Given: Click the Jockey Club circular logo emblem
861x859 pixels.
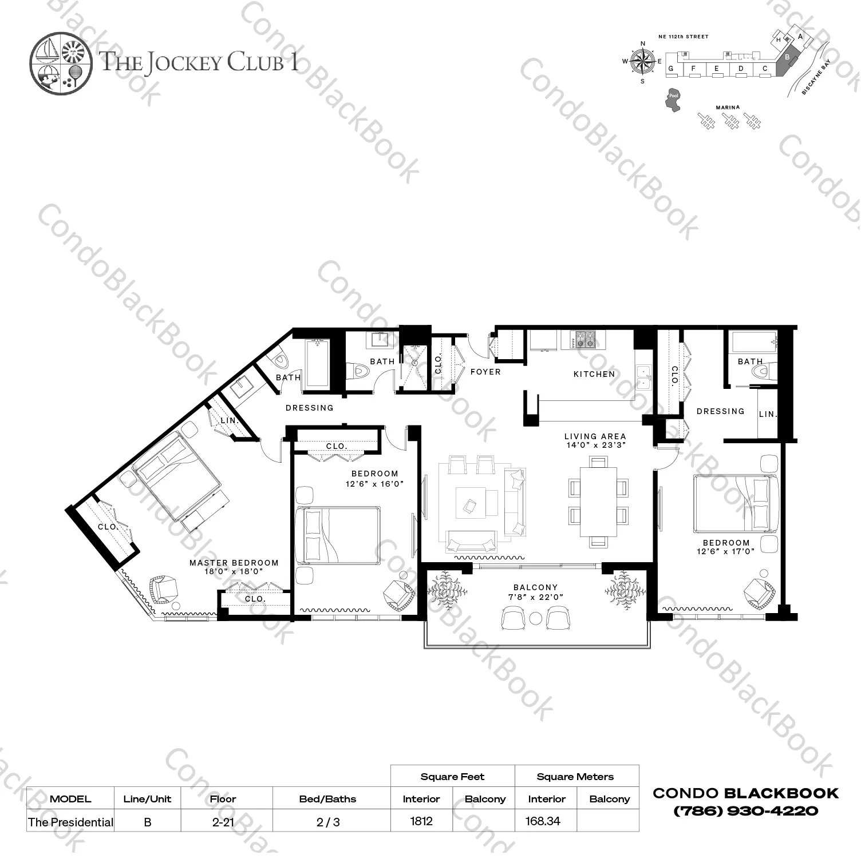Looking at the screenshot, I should coord(60,62).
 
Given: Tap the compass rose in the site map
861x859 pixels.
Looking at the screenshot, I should coord(643,61).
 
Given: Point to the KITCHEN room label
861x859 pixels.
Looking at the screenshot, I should coord(594,374).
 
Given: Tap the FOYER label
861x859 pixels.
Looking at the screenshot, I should coord(485,372).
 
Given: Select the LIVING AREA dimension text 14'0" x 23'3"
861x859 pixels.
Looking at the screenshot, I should coord(595,444).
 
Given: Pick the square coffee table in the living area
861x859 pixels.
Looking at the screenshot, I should coord(471,504).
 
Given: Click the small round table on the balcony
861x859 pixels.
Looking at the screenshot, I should coord(536,619).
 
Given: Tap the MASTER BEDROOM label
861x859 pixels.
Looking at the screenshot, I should coord(234,563).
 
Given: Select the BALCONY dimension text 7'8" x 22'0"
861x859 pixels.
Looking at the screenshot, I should coord(535,597).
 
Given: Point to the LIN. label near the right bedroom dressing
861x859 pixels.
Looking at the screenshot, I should coord(767,414).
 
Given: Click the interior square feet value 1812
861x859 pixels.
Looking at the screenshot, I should coord(421,821).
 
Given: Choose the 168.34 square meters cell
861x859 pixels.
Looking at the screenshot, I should coord(543,821).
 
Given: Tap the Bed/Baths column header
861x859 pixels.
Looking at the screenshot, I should coord(327,799).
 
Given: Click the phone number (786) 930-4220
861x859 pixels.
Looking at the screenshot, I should coord(745,810).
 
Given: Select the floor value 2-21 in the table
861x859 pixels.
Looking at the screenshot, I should coord(223,822).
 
